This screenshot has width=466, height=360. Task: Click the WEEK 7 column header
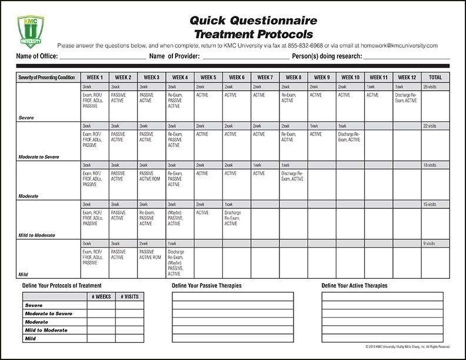pos(265,77)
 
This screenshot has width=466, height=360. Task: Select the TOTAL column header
pos(435,77)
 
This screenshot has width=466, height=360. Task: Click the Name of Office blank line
pos(102,58)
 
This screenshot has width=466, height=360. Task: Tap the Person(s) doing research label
pos(327,56)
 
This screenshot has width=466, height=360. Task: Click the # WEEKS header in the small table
pos(101,296)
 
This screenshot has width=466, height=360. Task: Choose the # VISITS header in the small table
pos(129,296)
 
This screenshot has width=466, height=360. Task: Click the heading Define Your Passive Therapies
pos(207,286)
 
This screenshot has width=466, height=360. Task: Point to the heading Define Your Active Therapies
pos(355,286)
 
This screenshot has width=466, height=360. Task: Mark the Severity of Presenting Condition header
pos(46,77)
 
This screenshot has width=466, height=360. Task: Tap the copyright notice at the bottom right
pos(407,346)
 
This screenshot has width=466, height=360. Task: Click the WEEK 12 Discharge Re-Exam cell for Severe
pos(407,98)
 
